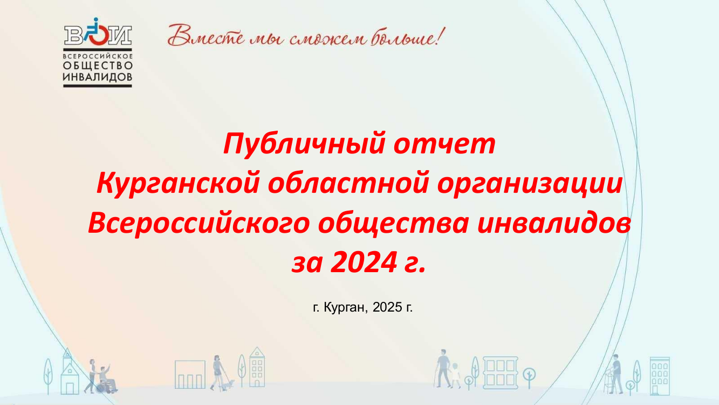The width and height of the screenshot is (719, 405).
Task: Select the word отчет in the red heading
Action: (x=444, y=144)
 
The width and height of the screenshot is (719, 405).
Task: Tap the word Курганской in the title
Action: (x=178, y=184)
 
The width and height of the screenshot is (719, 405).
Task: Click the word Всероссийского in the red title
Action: (x=199, y=224)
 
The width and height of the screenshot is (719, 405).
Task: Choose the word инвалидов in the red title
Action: (x=554, y=224)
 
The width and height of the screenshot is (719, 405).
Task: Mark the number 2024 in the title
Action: (x=364, y=262)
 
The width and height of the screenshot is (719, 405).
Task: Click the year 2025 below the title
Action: (x=387, y=307)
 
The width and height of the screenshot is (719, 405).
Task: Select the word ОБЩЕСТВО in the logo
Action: (x=98, y=66)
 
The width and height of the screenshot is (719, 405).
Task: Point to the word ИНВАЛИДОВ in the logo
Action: (x=98, y=77)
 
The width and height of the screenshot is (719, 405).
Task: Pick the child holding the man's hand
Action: (x=455, y=375)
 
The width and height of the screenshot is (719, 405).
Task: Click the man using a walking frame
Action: (x=615, y=374)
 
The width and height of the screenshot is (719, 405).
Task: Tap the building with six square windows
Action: (x=501, y=373)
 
